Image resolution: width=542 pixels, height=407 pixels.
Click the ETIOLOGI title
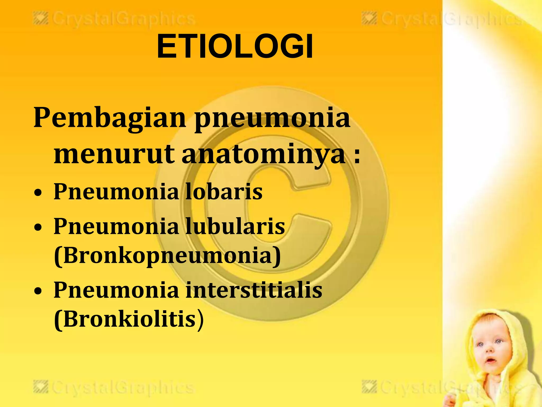235,47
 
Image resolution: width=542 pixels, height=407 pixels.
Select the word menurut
114,154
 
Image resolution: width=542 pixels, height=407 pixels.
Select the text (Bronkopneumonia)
167,256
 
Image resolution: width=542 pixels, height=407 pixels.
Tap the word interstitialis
254,290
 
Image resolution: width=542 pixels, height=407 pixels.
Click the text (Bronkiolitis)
129,319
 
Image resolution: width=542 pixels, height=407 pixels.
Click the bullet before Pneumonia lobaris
38,193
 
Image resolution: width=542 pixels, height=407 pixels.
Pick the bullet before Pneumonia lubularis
38,228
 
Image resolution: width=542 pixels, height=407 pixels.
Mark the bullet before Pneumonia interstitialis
38,291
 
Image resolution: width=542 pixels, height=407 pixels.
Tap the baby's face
490,350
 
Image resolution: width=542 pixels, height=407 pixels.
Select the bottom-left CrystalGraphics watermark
114,388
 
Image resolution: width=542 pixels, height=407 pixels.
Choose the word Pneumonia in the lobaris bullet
116,191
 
